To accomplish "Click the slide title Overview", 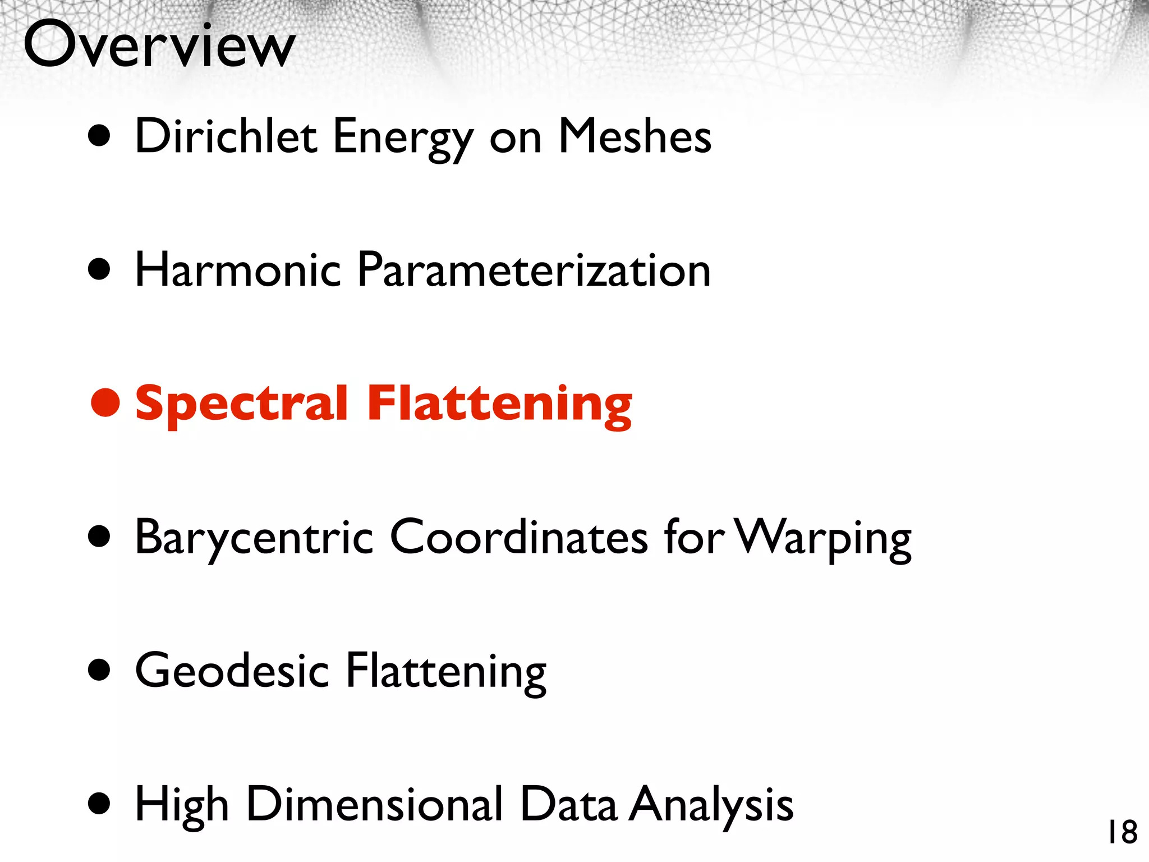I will coord(159,45).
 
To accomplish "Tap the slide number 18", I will coord(1122,832).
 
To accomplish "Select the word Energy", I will coord(403,138).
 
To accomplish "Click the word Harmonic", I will coord(238,270).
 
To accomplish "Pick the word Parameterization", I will coord(534,270).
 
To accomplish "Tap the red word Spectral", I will coord(242,404).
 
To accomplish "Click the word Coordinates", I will coord(519,537).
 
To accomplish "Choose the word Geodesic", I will coord(232,671).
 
